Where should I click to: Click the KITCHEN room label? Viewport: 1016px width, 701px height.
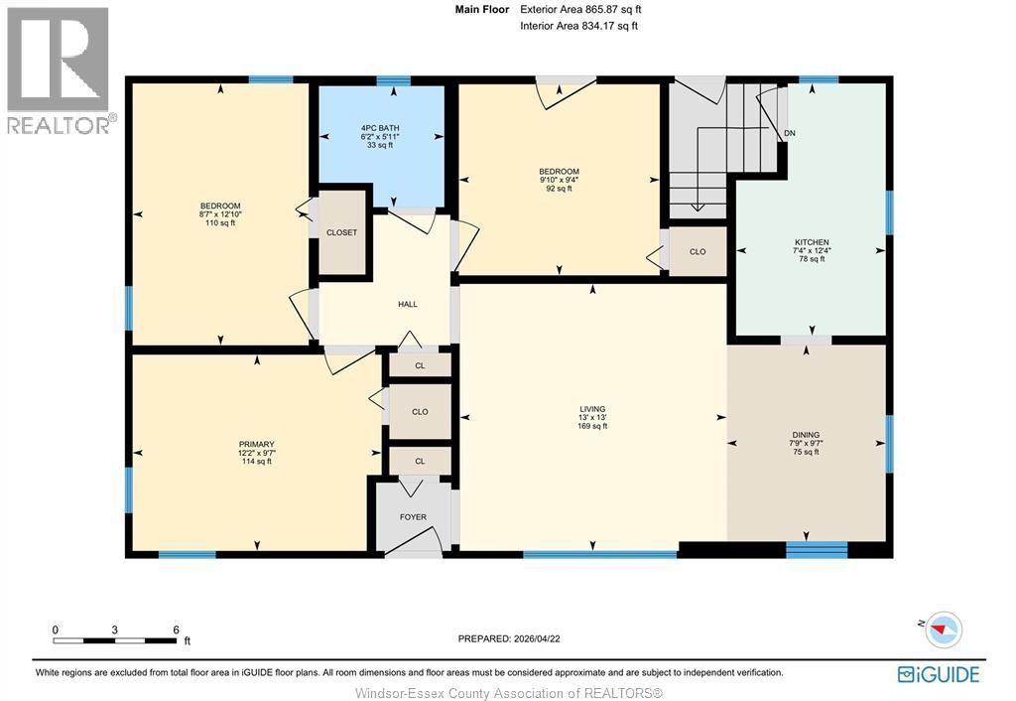coord(812,242)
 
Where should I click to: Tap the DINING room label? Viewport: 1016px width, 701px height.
coord(806,435)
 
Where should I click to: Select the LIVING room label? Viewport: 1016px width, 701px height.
coord(592,409)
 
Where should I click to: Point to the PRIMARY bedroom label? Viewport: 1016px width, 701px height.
coord(257,445)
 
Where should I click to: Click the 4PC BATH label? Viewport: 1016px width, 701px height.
coord(380,128)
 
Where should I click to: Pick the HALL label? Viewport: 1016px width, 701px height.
coord(408,304)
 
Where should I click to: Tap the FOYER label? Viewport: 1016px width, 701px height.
coord(414,517)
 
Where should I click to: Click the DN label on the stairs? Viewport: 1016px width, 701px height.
coord(789,134)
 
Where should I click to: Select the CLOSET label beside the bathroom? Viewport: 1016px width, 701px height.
coord(341,232)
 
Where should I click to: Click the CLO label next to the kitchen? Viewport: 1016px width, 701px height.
coord(698,251)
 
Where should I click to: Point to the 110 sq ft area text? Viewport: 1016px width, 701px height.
coord(220,223)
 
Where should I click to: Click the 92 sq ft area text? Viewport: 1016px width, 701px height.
coord(560,189)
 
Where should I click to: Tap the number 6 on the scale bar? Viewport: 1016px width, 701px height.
coord(176,630)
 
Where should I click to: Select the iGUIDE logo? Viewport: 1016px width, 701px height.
coord(939,674)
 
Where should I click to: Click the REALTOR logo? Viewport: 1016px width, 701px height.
coord(59,70)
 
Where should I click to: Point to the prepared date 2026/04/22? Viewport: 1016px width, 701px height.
coord(536,638)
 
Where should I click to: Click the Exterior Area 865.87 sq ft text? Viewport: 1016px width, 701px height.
coord(581,10)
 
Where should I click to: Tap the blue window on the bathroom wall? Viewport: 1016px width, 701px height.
coord(393,81)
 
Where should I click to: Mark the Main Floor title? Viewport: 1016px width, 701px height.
coord(482,10)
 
